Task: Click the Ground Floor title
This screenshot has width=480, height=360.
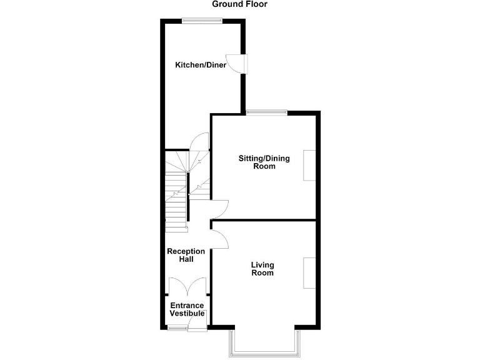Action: (239, 4)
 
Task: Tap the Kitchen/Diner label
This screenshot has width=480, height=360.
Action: (200, 65)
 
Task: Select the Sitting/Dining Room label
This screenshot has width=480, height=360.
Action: (264, 162)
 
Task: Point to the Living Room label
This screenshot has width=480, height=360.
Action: (262, 269)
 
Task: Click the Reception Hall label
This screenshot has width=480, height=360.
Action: (186, 255)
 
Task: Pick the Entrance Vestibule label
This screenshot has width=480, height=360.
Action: (187, 309)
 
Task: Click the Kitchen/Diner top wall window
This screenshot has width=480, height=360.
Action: (201, 21)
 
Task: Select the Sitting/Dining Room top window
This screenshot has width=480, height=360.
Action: (266, 112)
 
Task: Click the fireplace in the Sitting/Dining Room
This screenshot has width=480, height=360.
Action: (309, 166)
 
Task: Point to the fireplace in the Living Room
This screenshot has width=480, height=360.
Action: (309, 272)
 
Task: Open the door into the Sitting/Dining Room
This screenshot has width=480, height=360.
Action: (220, 208)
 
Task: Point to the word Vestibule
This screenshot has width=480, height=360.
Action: (187, 313)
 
